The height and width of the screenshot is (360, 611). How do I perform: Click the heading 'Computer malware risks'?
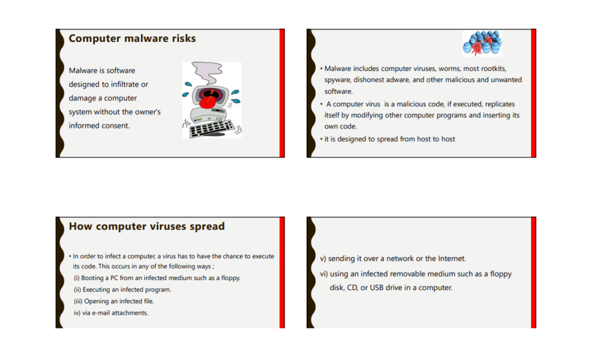coord(132,38)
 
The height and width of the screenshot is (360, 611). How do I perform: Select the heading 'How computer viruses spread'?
coord(147,226)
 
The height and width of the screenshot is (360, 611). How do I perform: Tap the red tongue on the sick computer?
coord(206,102)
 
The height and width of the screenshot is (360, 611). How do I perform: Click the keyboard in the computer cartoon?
coord(212,128)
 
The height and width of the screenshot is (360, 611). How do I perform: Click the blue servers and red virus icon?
coord(482,44)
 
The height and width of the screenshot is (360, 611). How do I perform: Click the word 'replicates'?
coord(500,104)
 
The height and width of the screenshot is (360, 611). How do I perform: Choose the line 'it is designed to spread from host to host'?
coord(390,139)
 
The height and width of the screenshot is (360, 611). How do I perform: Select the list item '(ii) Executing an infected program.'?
coord(123,290)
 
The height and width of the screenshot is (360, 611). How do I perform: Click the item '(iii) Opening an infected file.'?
coord(114,301)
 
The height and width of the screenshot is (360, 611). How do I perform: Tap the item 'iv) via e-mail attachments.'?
coord(111,313)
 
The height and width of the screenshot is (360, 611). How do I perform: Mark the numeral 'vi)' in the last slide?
coord(324,274)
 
